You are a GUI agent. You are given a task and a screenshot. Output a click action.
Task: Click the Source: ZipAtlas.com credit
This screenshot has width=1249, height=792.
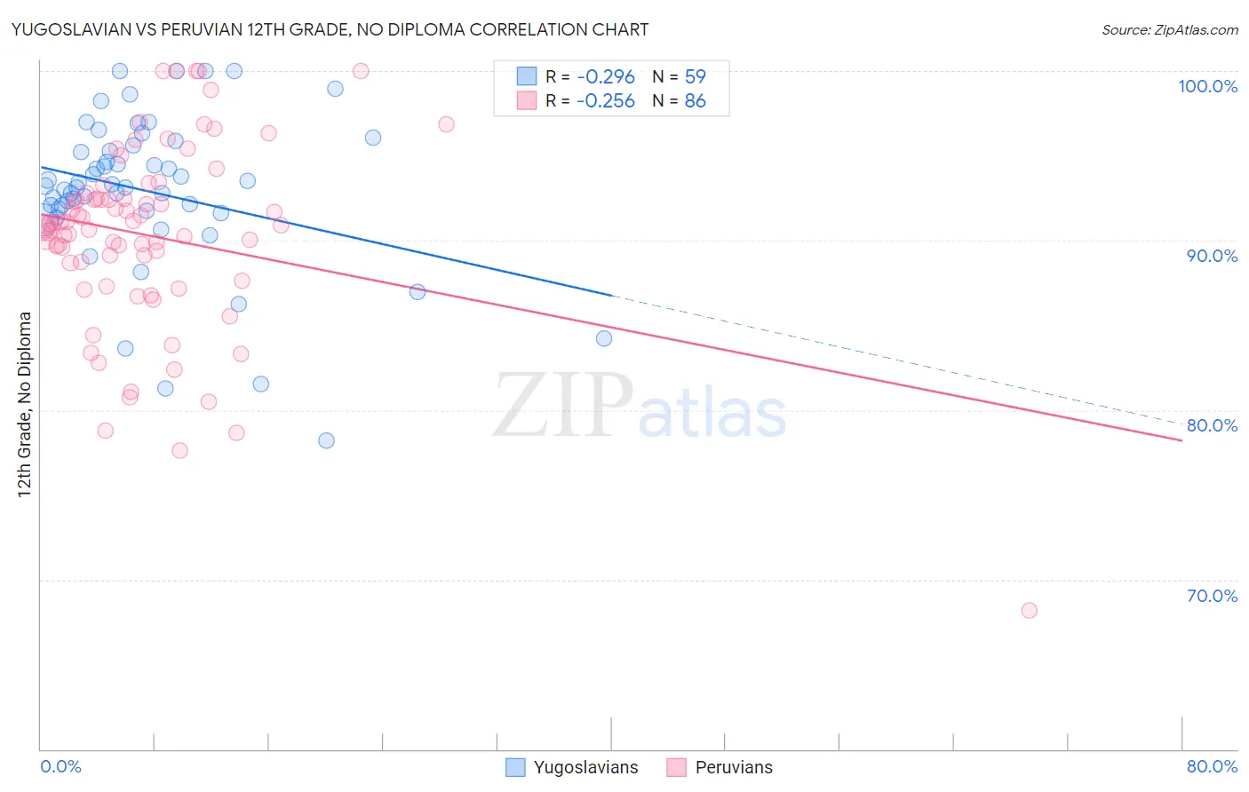coord(1169,29)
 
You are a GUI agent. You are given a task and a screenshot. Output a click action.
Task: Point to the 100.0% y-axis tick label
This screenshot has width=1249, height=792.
coord(1207,86)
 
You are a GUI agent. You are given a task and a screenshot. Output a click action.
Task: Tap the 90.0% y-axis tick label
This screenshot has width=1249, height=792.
coord(1212,256)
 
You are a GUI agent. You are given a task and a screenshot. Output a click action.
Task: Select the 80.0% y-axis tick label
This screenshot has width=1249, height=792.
coord(1212,425)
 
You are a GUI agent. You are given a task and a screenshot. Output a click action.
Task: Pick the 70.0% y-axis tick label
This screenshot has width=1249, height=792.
coord(1212,596)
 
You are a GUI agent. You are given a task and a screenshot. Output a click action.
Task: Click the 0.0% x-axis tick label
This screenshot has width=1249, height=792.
coord(60,766)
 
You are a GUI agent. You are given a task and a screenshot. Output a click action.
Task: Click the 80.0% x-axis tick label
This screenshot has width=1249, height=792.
coord(1212,766)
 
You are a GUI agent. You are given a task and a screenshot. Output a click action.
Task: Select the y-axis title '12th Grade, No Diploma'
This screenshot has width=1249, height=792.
coord(25,404)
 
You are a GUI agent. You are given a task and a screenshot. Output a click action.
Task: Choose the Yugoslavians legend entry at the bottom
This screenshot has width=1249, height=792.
coord(572,767)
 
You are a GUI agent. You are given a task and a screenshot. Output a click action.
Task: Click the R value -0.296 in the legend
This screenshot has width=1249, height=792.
coord(605,76)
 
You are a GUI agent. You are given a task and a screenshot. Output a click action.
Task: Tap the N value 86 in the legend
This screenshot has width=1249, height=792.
coord(695,101)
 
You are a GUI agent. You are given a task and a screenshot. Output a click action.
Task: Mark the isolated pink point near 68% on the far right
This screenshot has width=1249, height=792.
coord(1029,610)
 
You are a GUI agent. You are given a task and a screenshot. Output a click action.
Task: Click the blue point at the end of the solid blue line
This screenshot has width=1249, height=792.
coord(604,338)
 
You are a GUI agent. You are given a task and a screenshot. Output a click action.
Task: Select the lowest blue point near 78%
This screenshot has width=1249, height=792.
coord(326,440)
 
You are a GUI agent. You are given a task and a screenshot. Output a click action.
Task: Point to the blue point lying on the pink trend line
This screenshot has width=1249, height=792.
coord(418,291)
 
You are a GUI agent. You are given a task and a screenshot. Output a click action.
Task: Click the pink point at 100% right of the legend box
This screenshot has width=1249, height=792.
coord(361,71)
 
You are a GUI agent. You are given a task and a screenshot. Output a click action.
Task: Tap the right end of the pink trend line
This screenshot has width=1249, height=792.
coord(1181,440)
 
